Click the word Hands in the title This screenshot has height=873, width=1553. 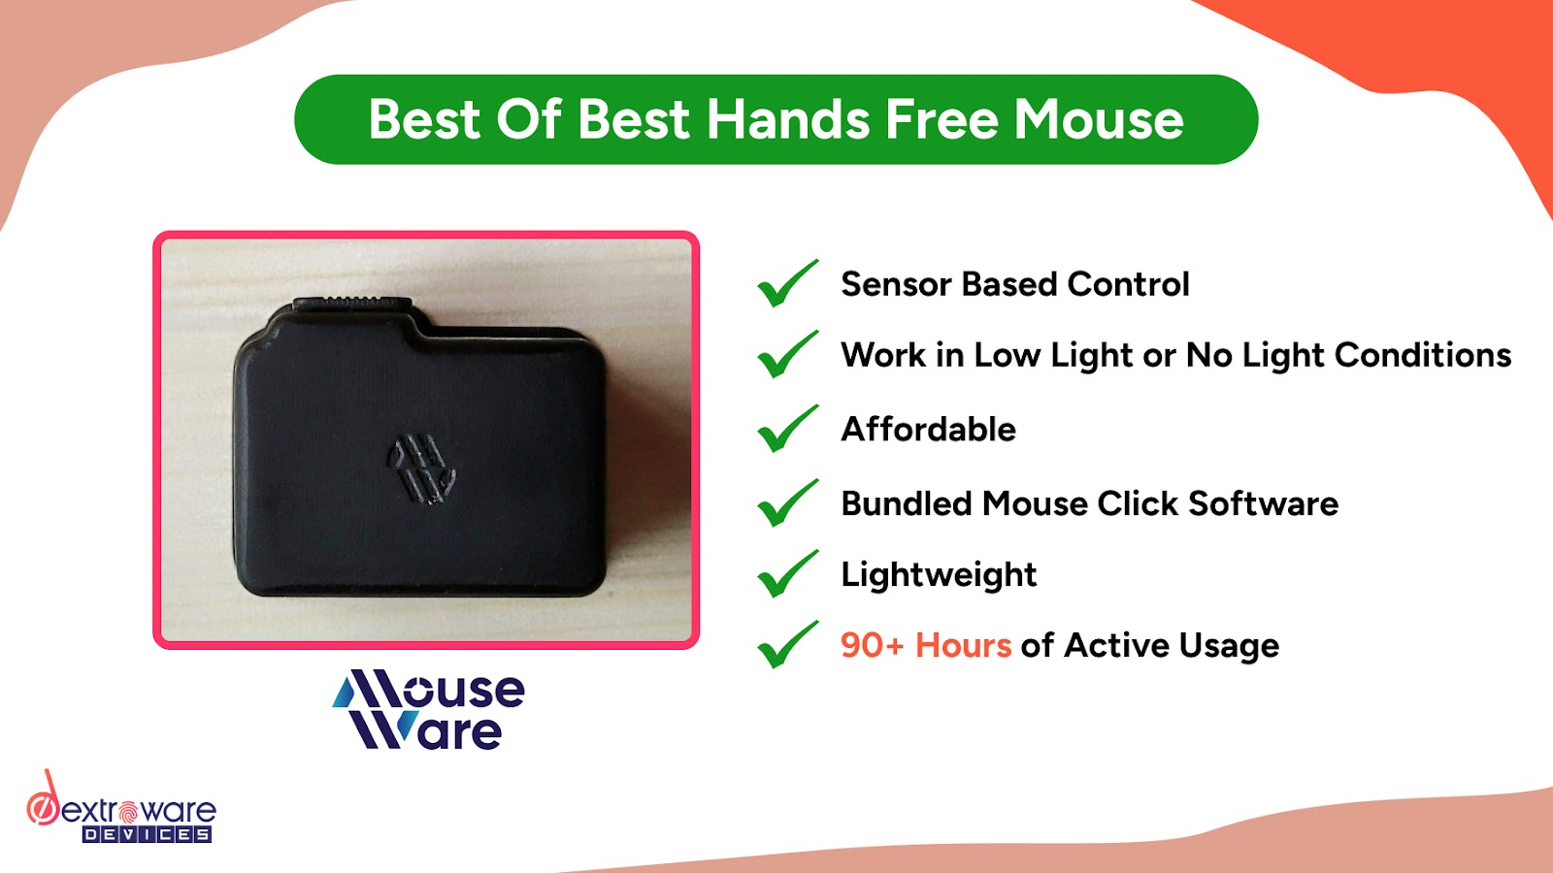(786, 120)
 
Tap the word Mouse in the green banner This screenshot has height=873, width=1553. (1099, 120)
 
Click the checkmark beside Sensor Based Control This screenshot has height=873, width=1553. (786, 284)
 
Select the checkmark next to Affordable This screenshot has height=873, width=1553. (786, 429)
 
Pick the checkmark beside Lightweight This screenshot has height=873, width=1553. (786, 574)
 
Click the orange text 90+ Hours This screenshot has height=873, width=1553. (925, 646)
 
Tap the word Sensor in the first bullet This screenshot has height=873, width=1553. (895, 284)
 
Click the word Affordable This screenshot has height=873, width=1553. (928, 429)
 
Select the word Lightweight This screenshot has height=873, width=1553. (939, 575)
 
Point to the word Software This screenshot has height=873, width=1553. (1263, 503)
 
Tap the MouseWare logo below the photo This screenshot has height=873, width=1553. (428, 709)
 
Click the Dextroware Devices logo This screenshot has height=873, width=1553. (120, 811)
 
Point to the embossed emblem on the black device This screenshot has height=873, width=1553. (421, 469)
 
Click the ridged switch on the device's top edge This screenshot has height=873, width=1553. (351, 304)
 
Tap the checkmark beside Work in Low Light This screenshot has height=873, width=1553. (786, 355)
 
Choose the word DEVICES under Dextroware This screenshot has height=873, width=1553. (147, 834)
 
